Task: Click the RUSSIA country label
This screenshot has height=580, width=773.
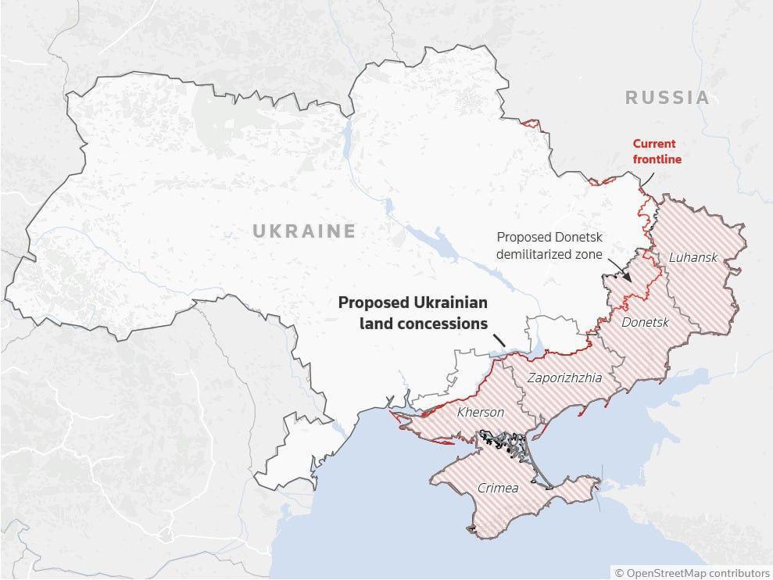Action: click(667, 98)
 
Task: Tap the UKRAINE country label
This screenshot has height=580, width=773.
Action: click(303, 231)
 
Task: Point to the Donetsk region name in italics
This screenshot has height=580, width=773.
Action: click(645, 322)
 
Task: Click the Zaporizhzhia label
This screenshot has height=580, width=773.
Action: click(564, 378)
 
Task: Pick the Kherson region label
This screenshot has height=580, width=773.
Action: click(480, 412)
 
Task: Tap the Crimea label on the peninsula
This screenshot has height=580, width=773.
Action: click(498, 488)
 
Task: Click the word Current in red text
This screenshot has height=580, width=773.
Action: click(654, 144)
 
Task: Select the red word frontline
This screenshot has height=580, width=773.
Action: click(657, 159)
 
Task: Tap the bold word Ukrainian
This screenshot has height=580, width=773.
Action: click(452, 303)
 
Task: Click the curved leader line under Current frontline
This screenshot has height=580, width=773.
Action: click(648, 179)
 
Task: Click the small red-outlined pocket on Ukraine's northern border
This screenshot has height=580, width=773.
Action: click(531, 123)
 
